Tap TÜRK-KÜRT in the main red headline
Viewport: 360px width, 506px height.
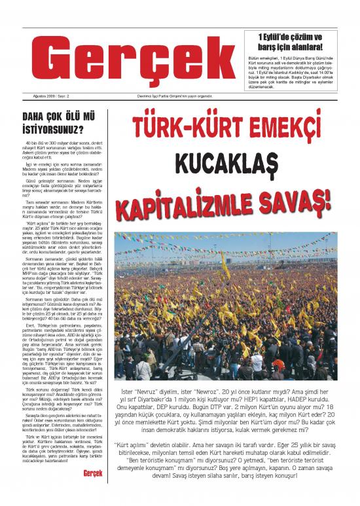(179, 128)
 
